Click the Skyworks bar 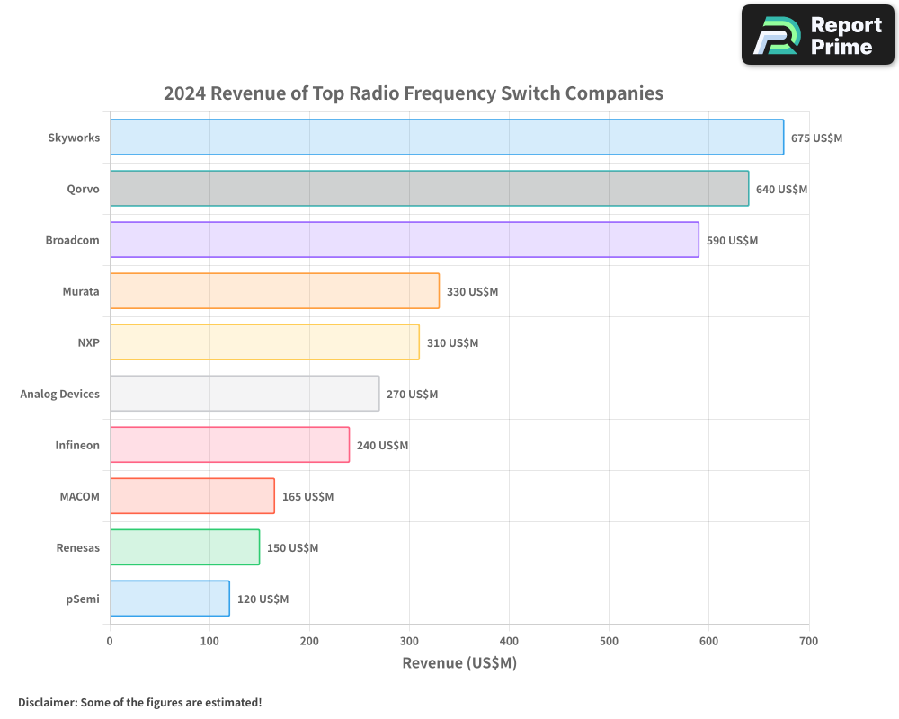[447, 138]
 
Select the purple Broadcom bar [405, 240]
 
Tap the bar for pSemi [170, 599]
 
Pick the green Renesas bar [184, 547]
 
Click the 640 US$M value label [781, 190]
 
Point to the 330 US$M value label [472, 292]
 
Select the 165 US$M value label [307, 497]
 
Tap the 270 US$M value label [412, 395]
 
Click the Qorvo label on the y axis [83, 190]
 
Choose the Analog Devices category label [60, 395]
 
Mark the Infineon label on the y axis [77, 446]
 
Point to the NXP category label [88, 343]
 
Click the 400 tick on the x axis [509, 641]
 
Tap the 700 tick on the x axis [808, 641]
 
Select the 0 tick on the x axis [110, 641]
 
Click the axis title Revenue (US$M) [459, 663]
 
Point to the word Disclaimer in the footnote [47, 702]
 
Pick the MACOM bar [192, 496]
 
